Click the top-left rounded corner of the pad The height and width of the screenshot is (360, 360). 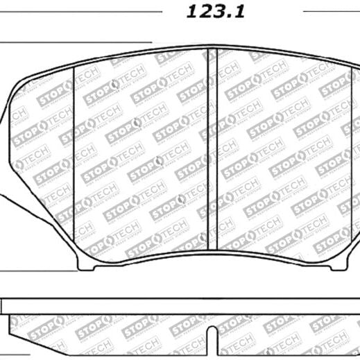pyautogui.click(x=19, y=83)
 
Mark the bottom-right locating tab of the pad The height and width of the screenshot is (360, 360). pyautogui.click(x=345, y=268)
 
